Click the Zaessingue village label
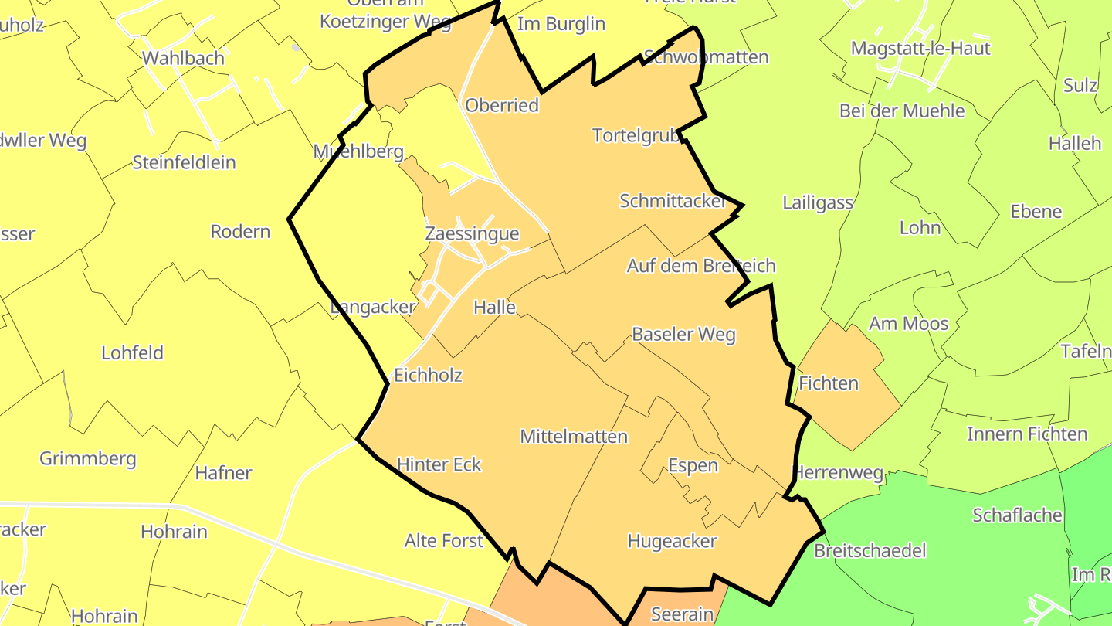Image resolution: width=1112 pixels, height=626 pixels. click(472, 233)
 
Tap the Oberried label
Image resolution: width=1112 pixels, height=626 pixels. click(502, 105)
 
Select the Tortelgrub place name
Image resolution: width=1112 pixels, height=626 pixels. click(636, 135)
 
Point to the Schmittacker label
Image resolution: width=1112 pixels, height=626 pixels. click(673, 201)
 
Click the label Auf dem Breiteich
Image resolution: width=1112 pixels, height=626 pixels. click(700, 266)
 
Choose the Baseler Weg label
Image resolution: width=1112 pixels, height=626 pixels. click(683, 335)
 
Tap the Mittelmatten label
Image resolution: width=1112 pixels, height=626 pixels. click(574, 437)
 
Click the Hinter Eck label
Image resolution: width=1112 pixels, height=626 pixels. click(439, 464)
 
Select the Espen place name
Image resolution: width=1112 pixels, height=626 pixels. click(693, 465)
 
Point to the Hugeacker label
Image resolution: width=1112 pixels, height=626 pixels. click(672, 541)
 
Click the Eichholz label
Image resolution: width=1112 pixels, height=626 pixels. click(428, 376)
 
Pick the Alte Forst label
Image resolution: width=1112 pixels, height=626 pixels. click(444, 540)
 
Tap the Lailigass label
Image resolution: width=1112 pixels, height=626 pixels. click(818, 202)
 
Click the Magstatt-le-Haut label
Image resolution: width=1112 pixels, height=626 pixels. click(920, 48)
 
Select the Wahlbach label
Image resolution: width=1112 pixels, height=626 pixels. click(184, 58)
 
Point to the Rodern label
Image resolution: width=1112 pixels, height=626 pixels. click(240, 231)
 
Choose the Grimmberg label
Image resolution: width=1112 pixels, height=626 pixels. click(88, 458)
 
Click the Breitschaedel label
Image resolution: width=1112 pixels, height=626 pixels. click(870, 551)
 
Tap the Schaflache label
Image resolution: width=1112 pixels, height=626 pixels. click(1017, 515)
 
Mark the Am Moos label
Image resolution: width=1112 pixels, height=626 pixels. click(909, 323)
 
